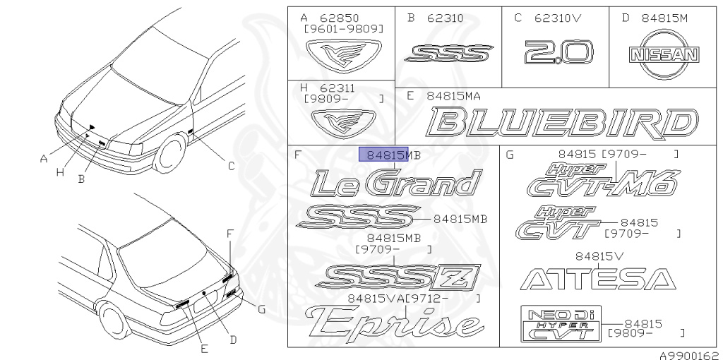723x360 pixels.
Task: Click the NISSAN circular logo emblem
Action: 664,54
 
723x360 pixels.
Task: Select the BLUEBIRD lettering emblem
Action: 562,124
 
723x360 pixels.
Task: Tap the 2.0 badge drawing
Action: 558,52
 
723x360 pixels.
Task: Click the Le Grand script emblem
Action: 396,183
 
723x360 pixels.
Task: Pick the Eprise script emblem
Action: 394,322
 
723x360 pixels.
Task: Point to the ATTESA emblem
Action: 598,280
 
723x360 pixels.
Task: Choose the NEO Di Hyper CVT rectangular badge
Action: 561,323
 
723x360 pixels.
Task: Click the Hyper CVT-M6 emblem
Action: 604,180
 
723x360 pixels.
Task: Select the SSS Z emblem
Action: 398,277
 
